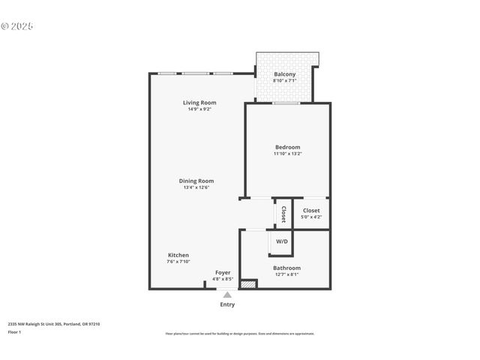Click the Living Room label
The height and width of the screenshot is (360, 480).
199,103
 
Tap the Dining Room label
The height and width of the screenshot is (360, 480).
196,181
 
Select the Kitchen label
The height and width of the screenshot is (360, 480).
178,255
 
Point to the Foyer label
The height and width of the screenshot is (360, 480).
223,272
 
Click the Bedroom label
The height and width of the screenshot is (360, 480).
287,147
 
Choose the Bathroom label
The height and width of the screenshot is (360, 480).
286,268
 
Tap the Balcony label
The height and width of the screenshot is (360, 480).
284,74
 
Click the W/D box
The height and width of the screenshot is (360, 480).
282,241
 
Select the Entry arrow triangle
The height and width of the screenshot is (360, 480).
227,295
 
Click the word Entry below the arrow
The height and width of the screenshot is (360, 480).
227,304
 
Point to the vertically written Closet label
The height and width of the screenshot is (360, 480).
283,214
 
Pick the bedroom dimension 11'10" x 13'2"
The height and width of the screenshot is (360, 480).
287,154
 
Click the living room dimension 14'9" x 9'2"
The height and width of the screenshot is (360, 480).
199,109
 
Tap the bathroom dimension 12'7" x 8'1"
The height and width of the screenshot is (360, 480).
286,274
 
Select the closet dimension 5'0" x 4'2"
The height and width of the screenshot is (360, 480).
311,217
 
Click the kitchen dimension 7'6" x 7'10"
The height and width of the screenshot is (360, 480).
178,262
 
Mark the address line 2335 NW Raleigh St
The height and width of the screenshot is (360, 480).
53,324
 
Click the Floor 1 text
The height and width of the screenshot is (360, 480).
15,331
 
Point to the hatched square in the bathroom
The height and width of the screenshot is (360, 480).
248,283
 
